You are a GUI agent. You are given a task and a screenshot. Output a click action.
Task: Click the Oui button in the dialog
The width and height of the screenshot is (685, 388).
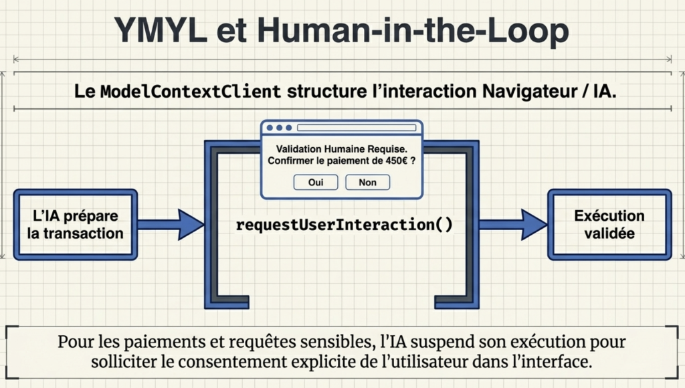pos(315,182)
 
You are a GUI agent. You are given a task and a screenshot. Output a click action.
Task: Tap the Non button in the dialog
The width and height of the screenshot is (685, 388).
pos(367,182)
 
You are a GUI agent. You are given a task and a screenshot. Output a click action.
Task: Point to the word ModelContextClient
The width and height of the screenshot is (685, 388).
pos(190,91)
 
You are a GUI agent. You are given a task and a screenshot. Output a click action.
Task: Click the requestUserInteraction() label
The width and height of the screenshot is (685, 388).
pos(344,224)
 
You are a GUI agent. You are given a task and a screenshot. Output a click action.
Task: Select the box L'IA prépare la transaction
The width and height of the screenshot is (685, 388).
pos(75,225)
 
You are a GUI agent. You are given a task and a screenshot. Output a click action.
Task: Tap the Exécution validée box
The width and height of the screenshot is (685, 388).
pos(609,225)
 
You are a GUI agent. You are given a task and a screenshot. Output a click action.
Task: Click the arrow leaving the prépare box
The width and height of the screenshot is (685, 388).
pos(170,224)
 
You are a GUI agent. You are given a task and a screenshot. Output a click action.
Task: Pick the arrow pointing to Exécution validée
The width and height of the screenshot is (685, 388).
pos(513,224)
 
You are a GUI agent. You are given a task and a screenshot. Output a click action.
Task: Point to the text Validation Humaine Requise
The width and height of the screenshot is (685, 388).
pos(341,149)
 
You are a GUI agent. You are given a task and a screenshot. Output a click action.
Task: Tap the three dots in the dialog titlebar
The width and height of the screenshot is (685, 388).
pos(279,128)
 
